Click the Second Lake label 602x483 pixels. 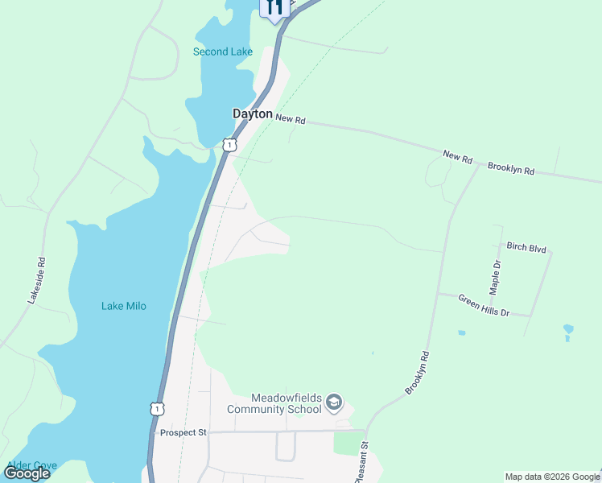[x=223, y=52]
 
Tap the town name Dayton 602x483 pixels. [x=253, y=114]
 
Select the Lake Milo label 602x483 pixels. [x=124, y=306]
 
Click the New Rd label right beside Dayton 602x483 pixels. [x=291, y=119]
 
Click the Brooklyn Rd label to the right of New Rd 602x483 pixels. [x=511, y=169]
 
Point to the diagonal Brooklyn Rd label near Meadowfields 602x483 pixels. [x=418, y=373]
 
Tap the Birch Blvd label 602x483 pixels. [x=526, y=247]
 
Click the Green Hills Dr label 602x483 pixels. [x=484, y=305]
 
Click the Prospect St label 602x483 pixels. [x=183, y=432]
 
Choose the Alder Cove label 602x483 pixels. [x=32, y=465]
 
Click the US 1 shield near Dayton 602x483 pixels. [x=229, y=145]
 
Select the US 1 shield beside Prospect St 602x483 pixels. [x=157, y=408]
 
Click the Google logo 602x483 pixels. [x=27, y=473]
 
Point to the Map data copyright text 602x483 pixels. [x=552, y=477]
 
